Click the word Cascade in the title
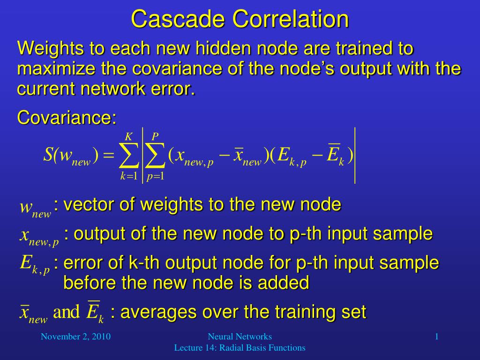coord(178,19)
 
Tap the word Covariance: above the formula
coord(67,118)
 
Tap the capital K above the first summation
coord(128,136)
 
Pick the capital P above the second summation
coord(155,136)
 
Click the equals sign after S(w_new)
coord(108,156)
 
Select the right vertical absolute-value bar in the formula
coord(355,156)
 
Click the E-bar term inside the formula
coord(336,155)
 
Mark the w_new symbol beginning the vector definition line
coord(35,209)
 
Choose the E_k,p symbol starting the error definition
coord(35,265)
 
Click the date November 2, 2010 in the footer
coord(75,337)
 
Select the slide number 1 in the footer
coord(437,337)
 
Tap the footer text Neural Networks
coord(240,337)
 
